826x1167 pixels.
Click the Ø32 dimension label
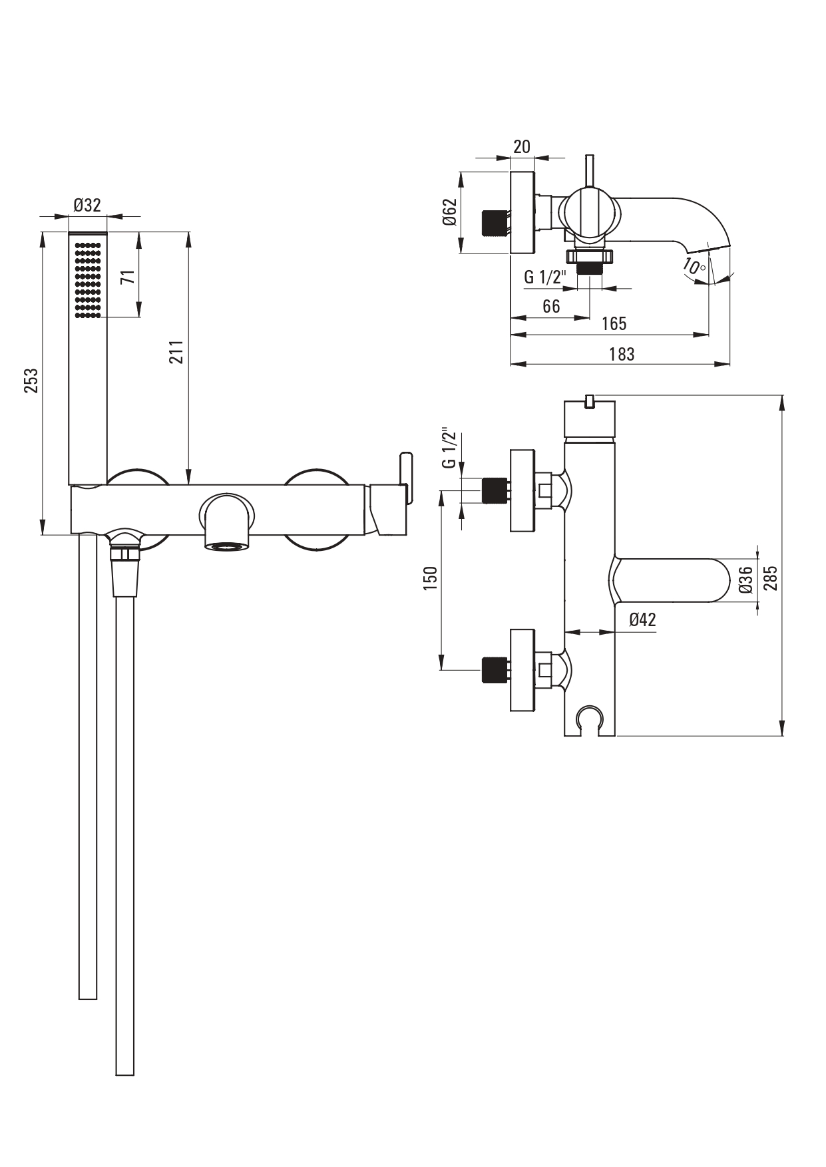pos(87,205)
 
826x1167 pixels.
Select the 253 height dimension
pos(31,381)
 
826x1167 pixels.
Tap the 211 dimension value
pos(176,352)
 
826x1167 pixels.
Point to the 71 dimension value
pos(128,277)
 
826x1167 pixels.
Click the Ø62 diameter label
pos(449,212)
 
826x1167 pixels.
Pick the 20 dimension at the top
pos(522,146)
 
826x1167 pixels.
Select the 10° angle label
pos(694,267)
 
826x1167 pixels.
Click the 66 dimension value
pos(551,306)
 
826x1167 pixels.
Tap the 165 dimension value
pos(614,323)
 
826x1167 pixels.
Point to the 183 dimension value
pos(622,354)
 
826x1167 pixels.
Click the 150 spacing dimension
pos(431,578)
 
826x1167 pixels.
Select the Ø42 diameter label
pos(642,619)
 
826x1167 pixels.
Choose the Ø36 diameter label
pos(745,580)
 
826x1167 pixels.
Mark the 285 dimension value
pos(771,578)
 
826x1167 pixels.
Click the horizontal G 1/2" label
pos(544,277)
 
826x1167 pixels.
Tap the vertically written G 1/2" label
pos(450,448)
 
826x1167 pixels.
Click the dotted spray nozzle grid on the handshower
pos(87,279)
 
